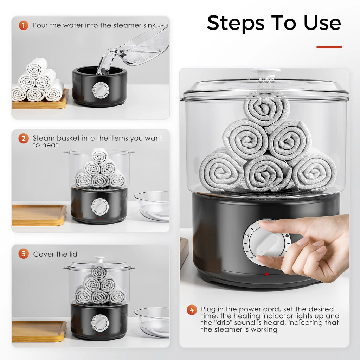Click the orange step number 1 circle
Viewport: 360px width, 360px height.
click(x=23, y=25)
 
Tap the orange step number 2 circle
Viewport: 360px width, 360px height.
click(x=23, y=139)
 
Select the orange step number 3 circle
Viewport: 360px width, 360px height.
click(x=23, y=254)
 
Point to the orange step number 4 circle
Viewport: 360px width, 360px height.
click(x=192, y=310)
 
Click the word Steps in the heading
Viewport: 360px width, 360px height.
click(x=235, y=23)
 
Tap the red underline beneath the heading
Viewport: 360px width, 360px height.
click(x=329, y=47)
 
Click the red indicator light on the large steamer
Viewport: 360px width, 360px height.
click(x=266, y=274)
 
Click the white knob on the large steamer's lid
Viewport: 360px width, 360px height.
click(x=266, y=73)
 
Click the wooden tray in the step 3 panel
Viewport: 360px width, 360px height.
click(x=39, y=331)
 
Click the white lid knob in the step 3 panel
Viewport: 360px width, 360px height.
click(x=99, y=259)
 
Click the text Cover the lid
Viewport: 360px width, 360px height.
click(x=55, y=254)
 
